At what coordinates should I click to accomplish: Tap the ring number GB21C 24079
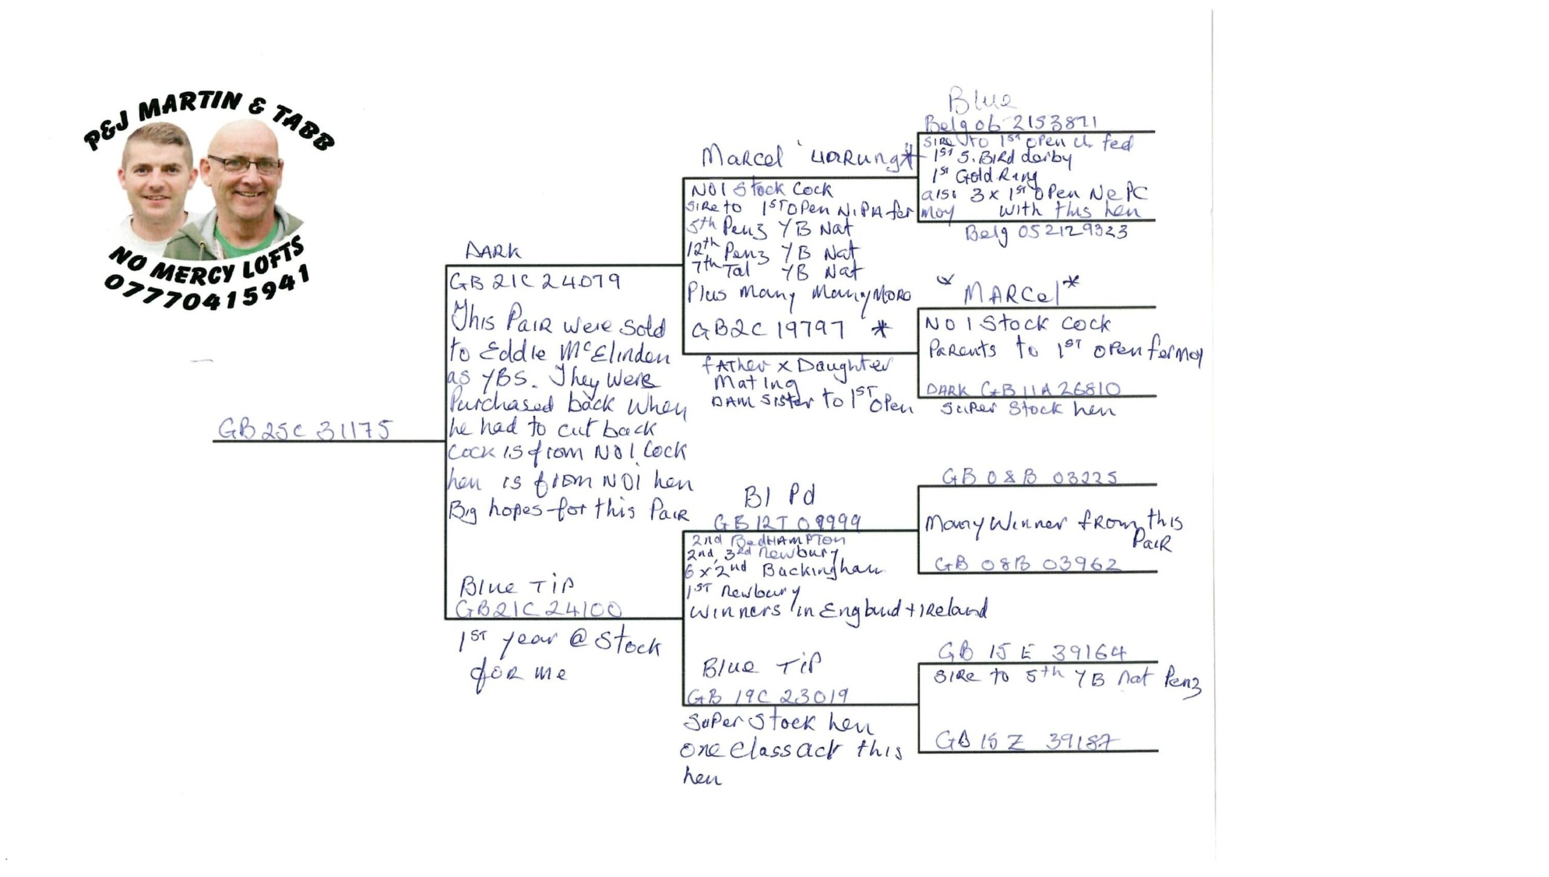[x=534, y=281]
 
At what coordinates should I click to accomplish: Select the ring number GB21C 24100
[x=539, y=609]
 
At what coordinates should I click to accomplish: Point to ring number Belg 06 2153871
[x=1010, y=123]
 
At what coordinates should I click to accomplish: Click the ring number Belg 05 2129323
[x=1046, y=232]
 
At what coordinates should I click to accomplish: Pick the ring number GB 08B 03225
[x=1029, y=478]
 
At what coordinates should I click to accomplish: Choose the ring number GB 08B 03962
[x=1027, y=564]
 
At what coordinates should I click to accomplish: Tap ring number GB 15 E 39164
[x=1032, y=652]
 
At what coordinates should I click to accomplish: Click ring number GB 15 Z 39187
[x=1026, y=741]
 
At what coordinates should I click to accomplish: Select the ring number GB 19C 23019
[x=767, y=697]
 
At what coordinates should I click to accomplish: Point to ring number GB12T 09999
[x=787, y=522]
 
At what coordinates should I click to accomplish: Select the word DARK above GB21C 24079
[x=493, y=251]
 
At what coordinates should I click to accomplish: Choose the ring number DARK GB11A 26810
[x=1023, y=389]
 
